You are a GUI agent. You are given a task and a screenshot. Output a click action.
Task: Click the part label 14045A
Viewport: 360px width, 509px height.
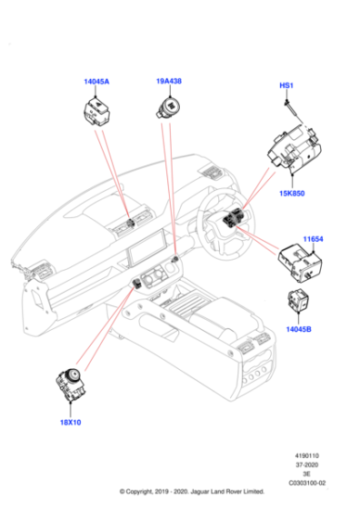coord(96,81)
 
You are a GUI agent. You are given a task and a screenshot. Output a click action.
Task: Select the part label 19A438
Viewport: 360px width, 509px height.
coord(169,81)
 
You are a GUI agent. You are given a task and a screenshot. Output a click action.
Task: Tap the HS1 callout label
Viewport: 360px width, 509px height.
coord(286,85)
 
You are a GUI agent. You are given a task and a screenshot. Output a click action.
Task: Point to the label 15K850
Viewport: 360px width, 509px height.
coord(292,193)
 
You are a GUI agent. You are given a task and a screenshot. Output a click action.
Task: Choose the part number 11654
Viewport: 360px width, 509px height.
coord(313,239)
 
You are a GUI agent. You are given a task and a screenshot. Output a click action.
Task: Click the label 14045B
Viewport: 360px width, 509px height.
coord(299,329)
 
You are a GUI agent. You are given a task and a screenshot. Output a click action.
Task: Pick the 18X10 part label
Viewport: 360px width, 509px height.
coord(70,423)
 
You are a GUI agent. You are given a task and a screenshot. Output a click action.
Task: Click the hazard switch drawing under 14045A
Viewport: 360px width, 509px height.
coord(96,112)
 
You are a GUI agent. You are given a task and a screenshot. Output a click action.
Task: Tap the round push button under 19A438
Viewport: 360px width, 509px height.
coord(168,109)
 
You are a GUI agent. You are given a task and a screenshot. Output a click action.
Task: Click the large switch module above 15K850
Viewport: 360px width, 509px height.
coord(295,146)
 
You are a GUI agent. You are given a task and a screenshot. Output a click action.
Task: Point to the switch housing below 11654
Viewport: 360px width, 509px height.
coord(300,263)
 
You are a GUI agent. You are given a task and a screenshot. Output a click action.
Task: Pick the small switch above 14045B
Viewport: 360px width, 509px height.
coord(298,300)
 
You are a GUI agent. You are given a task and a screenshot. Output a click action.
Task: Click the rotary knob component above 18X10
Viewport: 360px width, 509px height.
coord(71,383)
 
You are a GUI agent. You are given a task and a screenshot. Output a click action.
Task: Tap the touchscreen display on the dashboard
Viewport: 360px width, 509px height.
coord(147,246)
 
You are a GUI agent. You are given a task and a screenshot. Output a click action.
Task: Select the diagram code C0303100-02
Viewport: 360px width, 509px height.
coord(307,483)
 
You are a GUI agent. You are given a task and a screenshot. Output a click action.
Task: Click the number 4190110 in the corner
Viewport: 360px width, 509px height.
coord(306,455)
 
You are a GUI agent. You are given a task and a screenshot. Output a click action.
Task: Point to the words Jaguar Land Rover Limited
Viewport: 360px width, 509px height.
coord(227,492)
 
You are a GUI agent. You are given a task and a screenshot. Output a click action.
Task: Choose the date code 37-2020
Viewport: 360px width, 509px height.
coord(306,464)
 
